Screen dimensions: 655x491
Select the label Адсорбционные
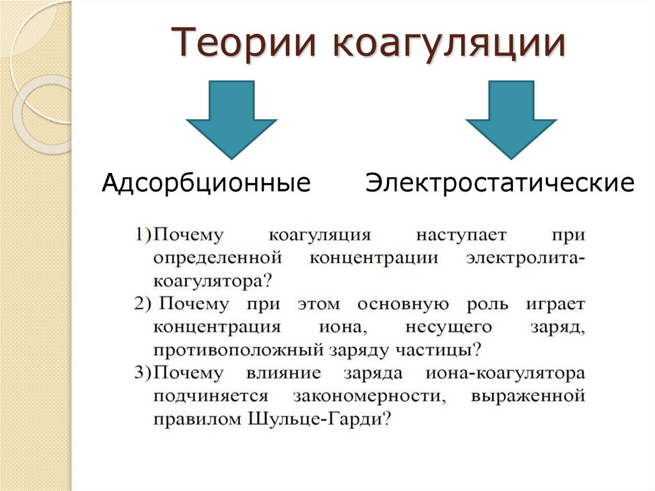pos(207,184)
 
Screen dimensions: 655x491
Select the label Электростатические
pos(500,184)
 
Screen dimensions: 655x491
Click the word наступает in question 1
pos(461,234)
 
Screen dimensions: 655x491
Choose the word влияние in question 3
pos(282,373)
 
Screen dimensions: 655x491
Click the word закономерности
pos(370,396)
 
